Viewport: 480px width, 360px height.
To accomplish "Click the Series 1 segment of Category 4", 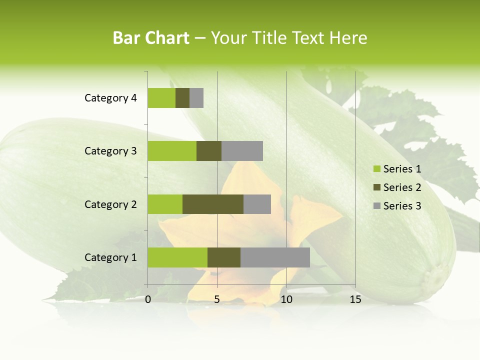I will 161,98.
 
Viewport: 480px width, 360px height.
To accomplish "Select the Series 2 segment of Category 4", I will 182,98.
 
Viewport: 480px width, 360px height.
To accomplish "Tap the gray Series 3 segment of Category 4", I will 196,98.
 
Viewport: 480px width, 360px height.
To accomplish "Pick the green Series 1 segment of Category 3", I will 172,151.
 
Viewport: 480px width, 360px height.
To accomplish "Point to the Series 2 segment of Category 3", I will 209,151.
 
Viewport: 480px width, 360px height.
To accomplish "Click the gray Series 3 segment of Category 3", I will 242,151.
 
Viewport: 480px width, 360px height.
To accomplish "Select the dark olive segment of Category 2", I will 213,204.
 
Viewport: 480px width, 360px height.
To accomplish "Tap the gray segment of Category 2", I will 257,204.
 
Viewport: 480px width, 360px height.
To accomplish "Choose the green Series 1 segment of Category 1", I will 177,257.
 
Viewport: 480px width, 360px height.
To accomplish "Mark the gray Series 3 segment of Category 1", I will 275,257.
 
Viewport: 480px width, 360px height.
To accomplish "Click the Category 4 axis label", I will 110,98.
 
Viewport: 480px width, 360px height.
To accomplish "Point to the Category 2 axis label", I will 110,204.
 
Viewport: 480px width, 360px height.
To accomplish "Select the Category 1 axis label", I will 110,257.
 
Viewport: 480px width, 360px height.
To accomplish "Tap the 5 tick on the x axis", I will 217,299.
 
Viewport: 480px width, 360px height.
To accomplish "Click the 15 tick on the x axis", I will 355,299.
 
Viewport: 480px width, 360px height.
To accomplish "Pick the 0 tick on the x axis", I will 148,299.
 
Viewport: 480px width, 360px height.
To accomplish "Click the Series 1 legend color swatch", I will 376,169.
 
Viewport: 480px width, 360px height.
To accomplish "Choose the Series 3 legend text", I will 402,206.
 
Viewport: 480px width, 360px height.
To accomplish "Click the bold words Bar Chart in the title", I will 151,38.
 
